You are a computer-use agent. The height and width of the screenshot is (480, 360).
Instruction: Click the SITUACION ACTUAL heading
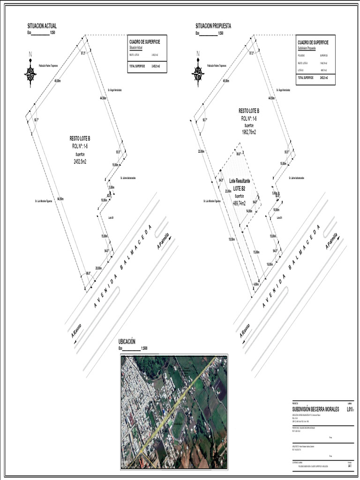pyautogui.click(x=42, y=26)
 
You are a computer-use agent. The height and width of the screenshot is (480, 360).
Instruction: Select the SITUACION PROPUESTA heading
pyautogui.click(x=213, y=26)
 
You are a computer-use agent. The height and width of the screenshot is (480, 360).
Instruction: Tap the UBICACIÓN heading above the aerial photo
pyautogui.click(x=127, y=342)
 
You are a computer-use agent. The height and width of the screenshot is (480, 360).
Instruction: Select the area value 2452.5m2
pyautogui.click(x=80, y=161)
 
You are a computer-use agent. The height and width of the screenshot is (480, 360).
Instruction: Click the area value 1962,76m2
pyautogui.click(x=249, y=132)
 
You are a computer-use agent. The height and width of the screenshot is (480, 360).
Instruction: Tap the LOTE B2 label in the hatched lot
pyautogui.click(x=240, y=188)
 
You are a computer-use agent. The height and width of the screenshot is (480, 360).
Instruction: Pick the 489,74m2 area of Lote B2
pyautogui.click(x=240, y=203)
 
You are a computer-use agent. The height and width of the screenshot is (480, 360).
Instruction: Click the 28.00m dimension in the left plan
pyautogui.click(x=98, y=268)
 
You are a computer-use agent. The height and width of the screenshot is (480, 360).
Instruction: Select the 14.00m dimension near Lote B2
pyautogui.click(x=249, y=211)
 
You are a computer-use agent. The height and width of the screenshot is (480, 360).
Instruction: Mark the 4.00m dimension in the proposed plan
pyautogui.click(x=256, y=284)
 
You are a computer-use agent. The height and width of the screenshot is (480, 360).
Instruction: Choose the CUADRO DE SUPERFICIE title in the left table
pyautogui.click(x=144, y=42)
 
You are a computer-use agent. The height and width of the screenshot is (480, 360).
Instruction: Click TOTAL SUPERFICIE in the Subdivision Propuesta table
pyautogui.click(x=305, y=77)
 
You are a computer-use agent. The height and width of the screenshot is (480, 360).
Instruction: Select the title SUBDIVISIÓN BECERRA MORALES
pyautogui.click(x=315, y=409)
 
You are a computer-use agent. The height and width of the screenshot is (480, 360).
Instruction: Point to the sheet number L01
pyautogui.click(x=350, y=409)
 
